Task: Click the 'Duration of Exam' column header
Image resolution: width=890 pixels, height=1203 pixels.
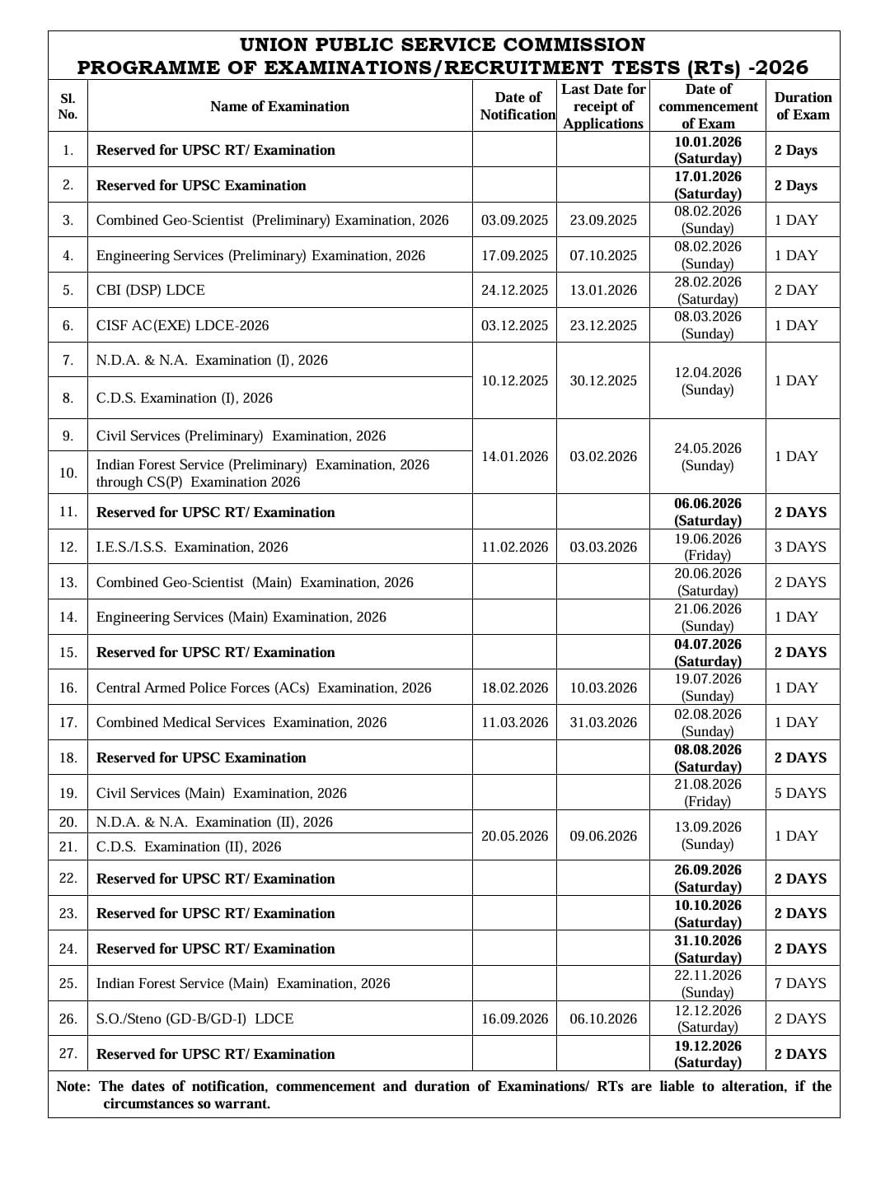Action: coord(803,106)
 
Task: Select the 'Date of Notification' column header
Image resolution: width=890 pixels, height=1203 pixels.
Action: coord(518,106)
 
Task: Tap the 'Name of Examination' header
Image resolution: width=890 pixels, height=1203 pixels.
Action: coord(279,106)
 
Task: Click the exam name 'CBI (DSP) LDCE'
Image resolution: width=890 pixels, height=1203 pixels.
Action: coord(151,290)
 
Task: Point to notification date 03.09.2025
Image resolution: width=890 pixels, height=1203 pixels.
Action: coord(514,220)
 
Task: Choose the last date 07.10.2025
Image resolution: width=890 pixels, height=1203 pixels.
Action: coord(603,255)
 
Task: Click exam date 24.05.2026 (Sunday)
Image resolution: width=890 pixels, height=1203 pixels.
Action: coord(708,457)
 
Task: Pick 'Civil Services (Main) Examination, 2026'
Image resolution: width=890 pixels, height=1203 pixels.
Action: coord(221,793)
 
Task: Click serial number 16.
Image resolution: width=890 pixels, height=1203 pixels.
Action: coord(68,688)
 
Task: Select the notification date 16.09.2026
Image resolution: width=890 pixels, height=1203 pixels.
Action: coord(514,1019)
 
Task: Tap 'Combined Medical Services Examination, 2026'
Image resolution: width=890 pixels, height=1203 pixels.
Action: coord(241,722)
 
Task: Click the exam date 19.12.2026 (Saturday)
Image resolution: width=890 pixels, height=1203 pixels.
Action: coord(708,1054)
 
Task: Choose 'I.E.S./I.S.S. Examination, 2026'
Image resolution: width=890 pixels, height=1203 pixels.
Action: coord(192,547)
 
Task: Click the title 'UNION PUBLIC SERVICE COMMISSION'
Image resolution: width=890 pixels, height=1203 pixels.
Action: coord(443,44)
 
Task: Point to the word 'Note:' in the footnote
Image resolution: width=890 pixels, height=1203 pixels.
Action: coord(73,1086)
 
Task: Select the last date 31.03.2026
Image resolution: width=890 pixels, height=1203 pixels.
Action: coord(603,722)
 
